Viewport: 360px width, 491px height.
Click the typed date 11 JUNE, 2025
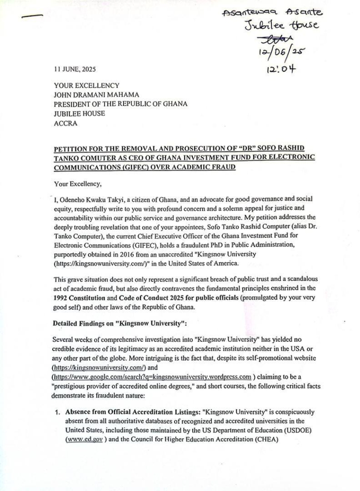tap(74, 69)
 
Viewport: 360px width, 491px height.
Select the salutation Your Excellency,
tap(78, 183)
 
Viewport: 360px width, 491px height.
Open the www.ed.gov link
tap(84, 439)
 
